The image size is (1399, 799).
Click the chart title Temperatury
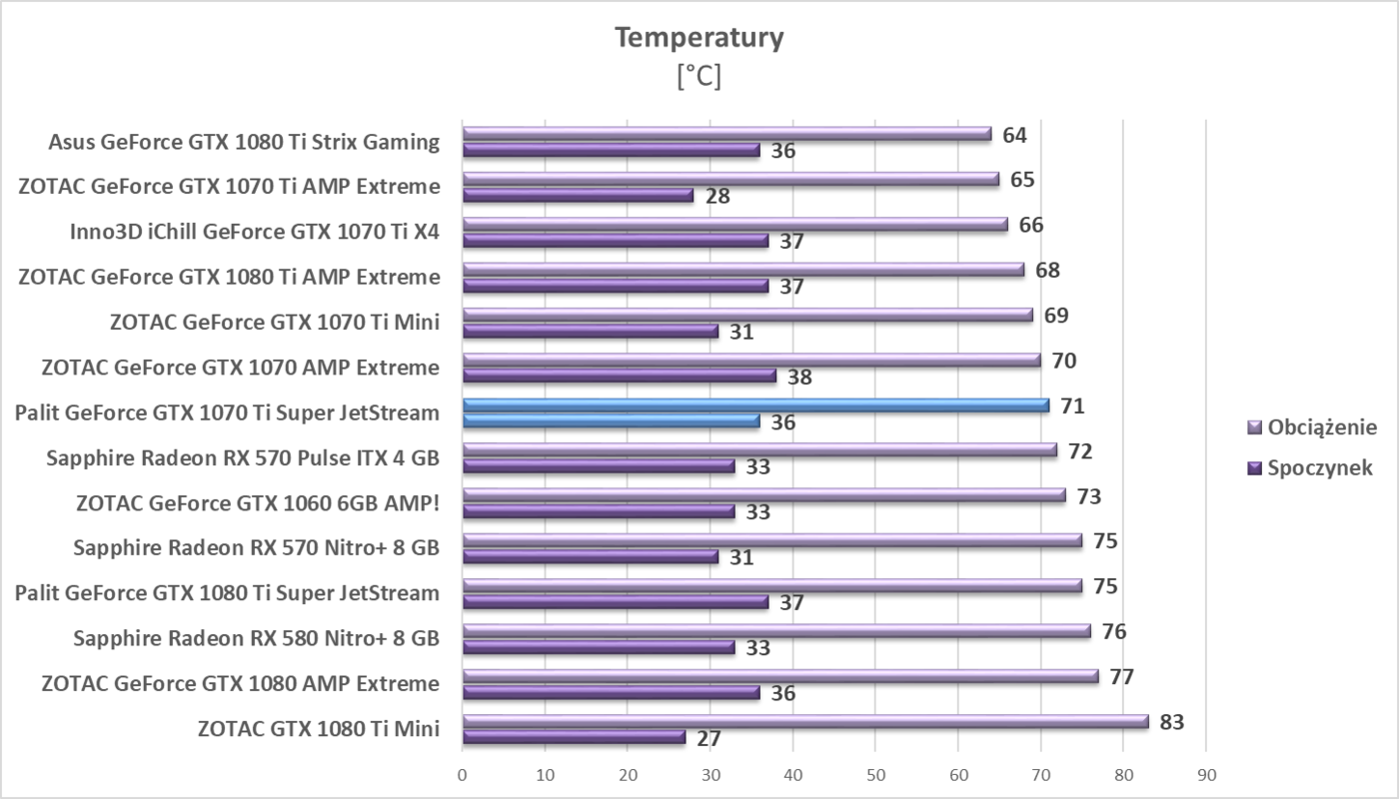click(x=699, y=38)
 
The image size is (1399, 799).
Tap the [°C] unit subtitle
click(x=699, y=76)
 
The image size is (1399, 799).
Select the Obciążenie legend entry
click(x=1321, y=427)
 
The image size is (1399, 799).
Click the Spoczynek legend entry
click(x=1319, y=467)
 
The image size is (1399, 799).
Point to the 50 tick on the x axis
click(x=874, y=774)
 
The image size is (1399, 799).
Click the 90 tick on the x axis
click(x=1205, y=774)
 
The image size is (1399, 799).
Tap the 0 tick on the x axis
click(x=462, y=774)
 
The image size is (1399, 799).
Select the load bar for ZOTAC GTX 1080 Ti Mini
click(x=804, y=721)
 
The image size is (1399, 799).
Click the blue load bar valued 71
click(x=755, y=405)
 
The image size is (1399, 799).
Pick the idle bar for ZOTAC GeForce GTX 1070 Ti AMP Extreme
click(x=578, y=195)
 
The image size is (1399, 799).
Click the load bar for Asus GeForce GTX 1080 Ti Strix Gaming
click(x=726, y=134)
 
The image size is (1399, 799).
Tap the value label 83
click(x=1171, y=721)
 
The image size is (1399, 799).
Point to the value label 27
click(x=707, y=739)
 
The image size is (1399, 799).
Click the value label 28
click(x=716, y=196)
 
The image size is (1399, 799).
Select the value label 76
click(x=1113, y=631)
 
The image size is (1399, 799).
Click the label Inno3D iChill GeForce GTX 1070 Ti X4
click(x=255, y=233)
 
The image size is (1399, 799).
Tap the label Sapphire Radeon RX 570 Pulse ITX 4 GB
click(x=243, y=458)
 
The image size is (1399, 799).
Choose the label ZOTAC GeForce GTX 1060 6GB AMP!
click(x=258, y=503)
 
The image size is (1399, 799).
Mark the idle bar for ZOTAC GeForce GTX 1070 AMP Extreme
click(x=620, y=376)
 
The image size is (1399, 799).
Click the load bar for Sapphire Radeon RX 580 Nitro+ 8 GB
click(x=775, y=630)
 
